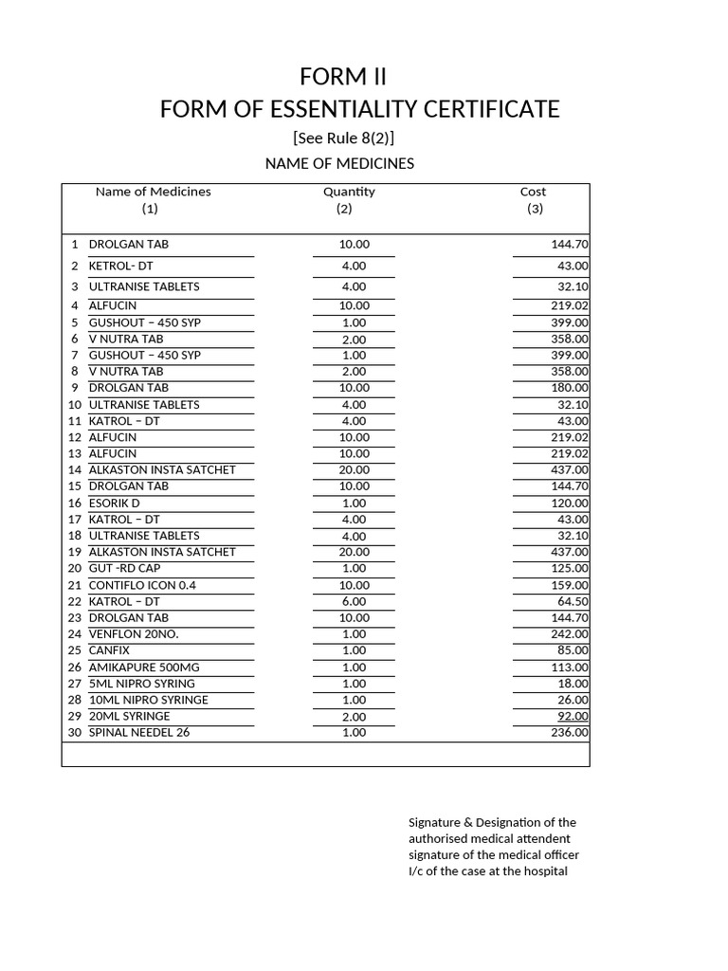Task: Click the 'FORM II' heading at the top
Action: pos(342,76)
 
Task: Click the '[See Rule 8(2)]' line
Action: pos(343,138)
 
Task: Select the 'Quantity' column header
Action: pos(349,192)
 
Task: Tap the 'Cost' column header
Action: pos(533,192)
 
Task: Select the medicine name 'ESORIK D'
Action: pos(114,503)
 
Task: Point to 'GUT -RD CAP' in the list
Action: pos(124,568)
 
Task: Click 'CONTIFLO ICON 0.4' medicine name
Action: pos(142,585)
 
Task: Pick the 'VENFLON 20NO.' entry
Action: pos(134,634)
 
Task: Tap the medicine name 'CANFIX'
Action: pos(109,650)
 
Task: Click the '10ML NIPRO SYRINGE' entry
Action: pos(148,700)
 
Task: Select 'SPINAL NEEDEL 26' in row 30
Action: pos(138,733)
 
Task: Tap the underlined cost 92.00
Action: pos(573,717)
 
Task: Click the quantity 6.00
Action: pos(354,601)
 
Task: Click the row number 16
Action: pos(75,503)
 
